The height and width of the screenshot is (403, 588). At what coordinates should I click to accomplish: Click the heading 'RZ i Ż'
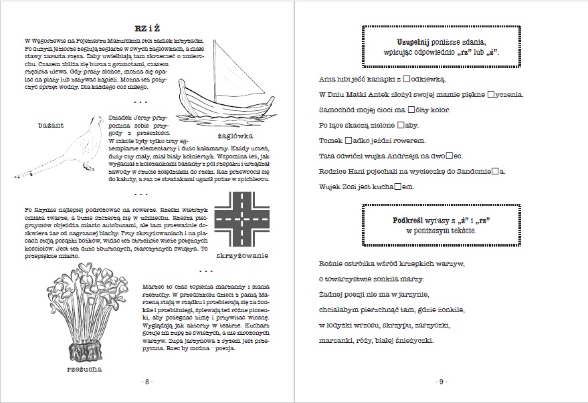coord(146,29)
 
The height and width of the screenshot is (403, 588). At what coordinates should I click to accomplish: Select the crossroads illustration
coord(241,219)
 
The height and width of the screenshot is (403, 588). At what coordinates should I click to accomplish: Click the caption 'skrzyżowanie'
coord(242,255)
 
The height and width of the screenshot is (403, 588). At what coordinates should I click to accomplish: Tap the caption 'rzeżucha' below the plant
coord(84,368)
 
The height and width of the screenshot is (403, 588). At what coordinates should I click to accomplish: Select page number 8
coord(146,382)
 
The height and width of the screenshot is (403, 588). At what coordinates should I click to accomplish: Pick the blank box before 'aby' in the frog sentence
coord(401,125)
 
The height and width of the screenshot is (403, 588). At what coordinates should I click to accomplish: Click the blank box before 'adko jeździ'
coord(349,140)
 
